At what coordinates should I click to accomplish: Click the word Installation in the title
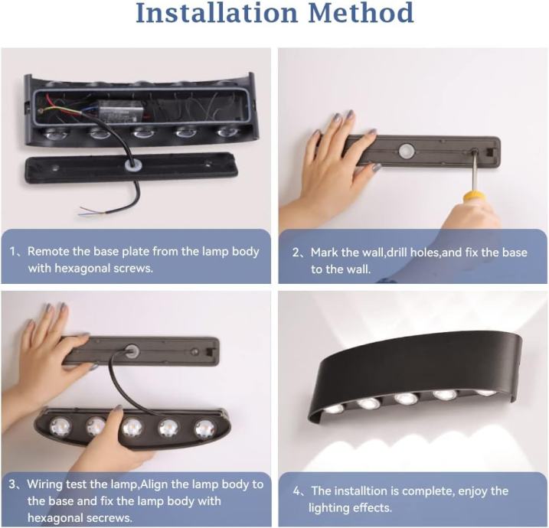(x=217, y=12)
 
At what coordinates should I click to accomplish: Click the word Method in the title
(x=361, y=12)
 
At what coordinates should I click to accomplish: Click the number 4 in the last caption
(x=296, y=491)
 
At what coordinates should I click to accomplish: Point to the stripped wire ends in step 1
(x=87, y=210)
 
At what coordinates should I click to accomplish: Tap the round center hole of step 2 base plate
(x=407, y=152)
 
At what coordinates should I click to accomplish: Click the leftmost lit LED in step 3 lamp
(x=59, y=426)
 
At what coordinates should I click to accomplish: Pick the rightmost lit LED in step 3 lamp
(x=205, y=429)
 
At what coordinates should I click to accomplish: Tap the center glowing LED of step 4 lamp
(x=406, y=399)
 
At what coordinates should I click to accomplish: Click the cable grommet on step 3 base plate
(x=132, y=351)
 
